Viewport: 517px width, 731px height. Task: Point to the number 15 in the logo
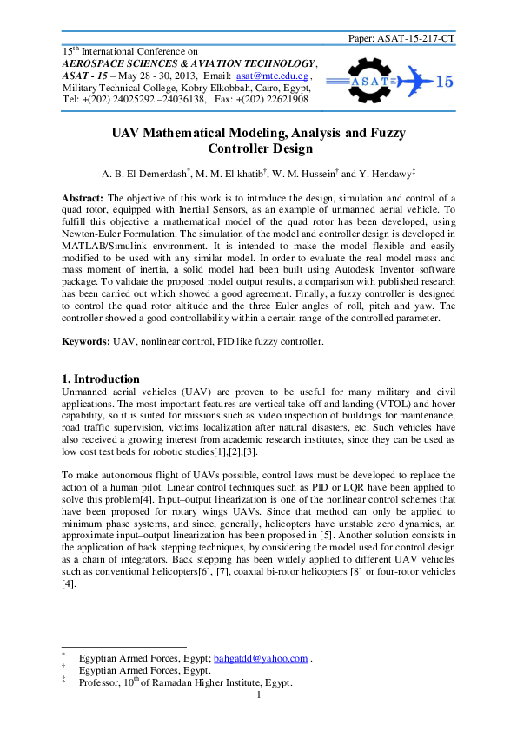pos(444,82)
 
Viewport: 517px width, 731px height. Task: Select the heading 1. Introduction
pos(101,379)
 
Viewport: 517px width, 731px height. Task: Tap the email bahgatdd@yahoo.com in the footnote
pos(261,658)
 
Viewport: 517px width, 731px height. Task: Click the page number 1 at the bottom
pos(258,695)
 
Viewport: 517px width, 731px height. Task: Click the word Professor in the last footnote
pos(102,682)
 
